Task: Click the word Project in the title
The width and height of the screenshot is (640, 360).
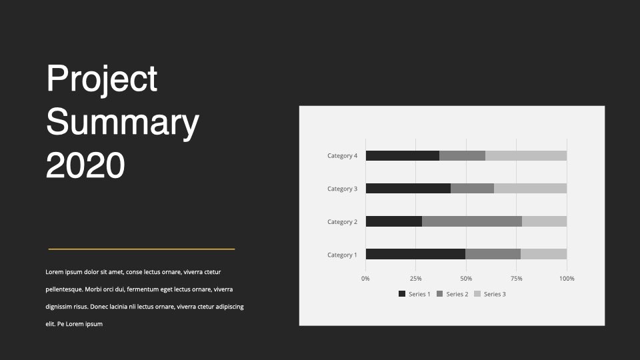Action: click(x=101, y=79)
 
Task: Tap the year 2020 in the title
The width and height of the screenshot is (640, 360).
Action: click(x=85, y=165)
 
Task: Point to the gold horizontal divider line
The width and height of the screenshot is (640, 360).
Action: click(x=141, y=249)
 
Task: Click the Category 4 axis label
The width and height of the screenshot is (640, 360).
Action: click(x=342, y=155)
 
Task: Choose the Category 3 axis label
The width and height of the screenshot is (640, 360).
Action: click(x=342, y=189)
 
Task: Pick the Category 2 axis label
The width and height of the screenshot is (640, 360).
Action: click(x=342, y=221)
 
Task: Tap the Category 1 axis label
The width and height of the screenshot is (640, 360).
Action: click(x=342, y=255)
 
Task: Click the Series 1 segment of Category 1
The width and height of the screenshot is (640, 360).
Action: click(x=415, y=254)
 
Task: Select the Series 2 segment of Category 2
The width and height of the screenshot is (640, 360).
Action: click(x=472, y=221)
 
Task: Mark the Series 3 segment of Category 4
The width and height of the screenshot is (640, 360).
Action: click(x=526, y=155)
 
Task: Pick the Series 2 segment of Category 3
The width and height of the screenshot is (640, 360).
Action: click(x=472, y=188)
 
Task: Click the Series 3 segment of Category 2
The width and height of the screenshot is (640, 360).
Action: click(x=545, y=221)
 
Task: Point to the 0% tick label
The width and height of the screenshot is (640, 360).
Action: click(x=365, y=279)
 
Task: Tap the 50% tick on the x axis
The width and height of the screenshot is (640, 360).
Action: click(x=466, y=279)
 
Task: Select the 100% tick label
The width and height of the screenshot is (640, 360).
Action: click(x=567, y=279)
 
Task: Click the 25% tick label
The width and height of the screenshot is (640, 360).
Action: click(x=415, y=279)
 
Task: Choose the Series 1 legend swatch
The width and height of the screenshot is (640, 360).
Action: click(x=402, y=294)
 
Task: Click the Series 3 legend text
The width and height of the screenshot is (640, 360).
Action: click(x=495, y=294)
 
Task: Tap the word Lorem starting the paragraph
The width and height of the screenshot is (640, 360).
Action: click(x=54, y=272)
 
